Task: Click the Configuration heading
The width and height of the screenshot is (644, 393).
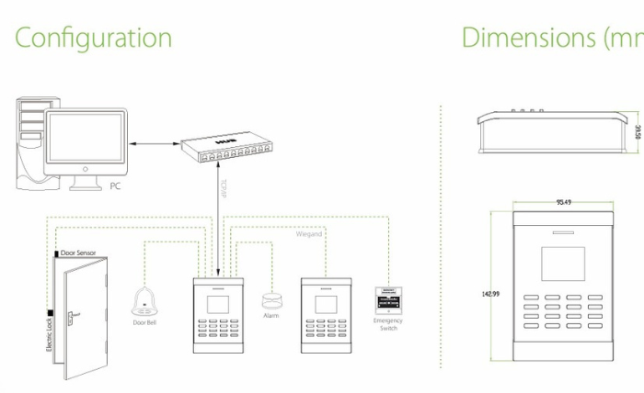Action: (x=93, y=38)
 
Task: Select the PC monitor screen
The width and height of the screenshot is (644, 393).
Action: (x=86, y=140)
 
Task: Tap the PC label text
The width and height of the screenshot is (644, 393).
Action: (x=115, y=186)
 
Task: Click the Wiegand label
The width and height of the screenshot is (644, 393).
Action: (x=308, y=235)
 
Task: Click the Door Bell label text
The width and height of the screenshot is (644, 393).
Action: (x=145, y=322)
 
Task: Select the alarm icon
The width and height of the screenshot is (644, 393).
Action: (x=270, y=300)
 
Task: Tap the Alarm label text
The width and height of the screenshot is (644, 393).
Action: (x=270, y=316)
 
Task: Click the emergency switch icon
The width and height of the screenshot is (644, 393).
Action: (x=388, y=300)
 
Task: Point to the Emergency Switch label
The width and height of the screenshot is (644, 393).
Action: (x=388, y=324)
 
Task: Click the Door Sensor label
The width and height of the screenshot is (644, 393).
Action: (x=78, y=252)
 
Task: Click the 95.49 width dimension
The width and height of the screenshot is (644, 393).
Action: (x=564, y=202)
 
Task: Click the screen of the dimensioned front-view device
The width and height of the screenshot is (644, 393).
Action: (x=562, y=262)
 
